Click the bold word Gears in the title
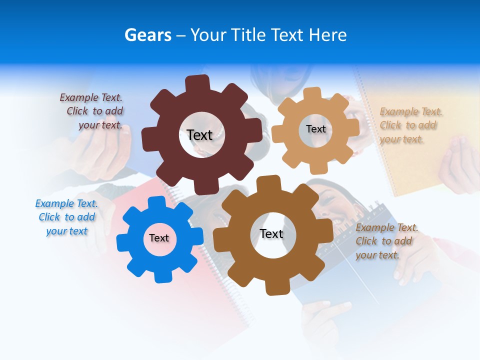[x=147, y=35]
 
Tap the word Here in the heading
[x=327, y=35]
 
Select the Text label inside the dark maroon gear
[x=199, y=135]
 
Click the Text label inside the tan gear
[x=315, y=129]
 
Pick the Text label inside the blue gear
[x=159, y=238]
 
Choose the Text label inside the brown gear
[x=271, y=233]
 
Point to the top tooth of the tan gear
[x=312, y=94]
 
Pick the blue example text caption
[x=66, y=217]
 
